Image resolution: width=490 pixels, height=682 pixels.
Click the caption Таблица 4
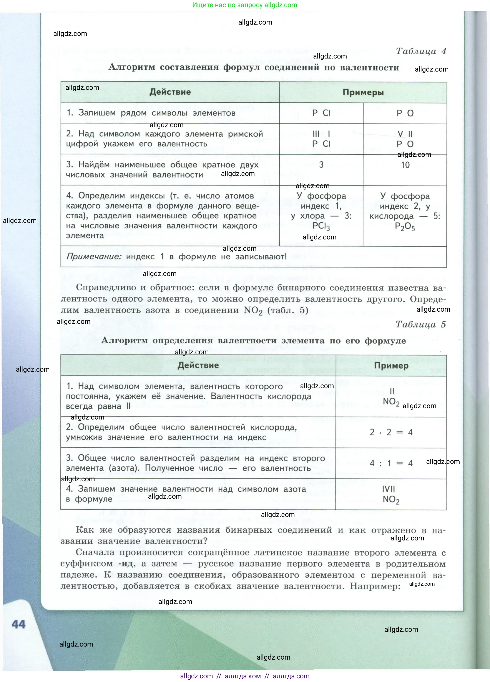(x=421, y=51)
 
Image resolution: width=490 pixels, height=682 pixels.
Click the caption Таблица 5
(x=420, y=324)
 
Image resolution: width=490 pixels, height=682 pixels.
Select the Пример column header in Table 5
(x=391, y=366)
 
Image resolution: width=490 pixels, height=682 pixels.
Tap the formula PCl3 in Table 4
(x=321, y=226)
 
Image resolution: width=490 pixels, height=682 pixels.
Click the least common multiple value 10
(x=405, y=165)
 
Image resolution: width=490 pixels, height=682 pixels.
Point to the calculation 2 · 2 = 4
(x=391, y=432)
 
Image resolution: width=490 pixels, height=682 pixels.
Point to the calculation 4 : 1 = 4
(x=391, y=463)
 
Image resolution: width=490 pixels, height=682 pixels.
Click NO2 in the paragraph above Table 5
(x=253, y=310)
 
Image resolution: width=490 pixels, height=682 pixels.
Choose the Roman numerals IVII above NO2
(x=389, y=489)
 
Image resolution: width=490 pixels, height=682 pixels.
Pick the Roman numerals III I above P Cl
(x=321, y=134)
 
